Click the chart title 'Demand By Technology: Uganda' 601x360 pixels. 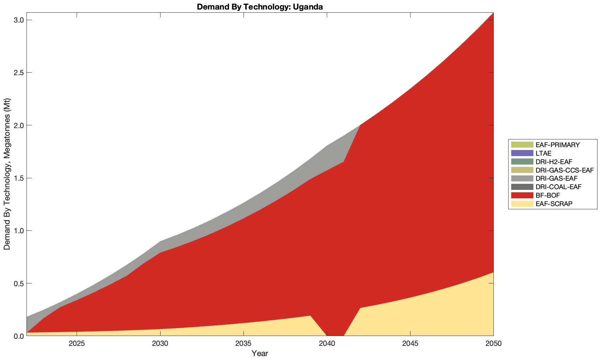coord(260,7)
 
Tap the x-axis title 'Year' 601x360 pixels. coord(260,353)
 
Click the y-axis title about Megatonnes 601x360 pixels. coord(7,174)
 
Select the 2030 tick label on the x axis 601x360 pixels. coord(160,344)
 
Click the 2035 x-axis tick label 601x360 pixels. coord(244,344)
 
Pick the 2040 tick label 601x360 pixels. coord(327,344)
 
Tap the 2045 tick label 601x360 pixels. coord(410,344)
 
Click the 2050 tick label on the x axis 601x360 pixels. coord(493,344)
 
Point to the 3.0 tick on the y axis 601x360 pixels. coord(18,20)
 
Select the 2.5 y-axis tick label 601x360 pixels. coord(18,73)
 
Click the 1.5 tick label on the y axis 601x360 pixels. coord(18,178)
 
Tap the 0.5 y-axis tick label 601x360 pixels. coord(18,283)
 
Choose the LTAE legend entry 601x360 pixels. coord(543,153)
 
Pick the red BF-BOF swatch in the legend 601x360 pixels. coord(522,195)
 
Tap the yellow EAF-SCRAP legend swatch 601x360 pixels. coord(522,204)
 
